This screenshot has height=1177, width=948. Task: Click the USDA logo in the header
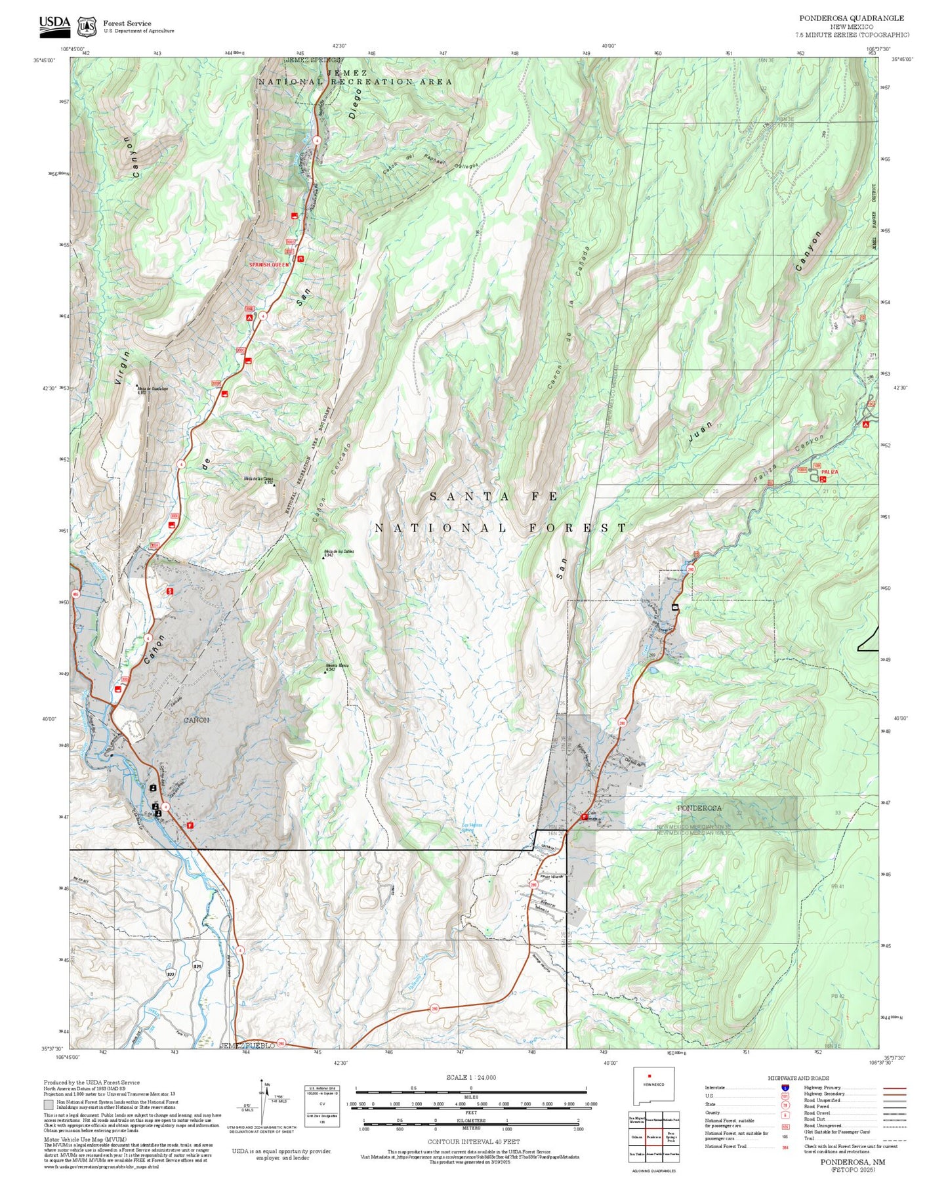click(x=54, y=25)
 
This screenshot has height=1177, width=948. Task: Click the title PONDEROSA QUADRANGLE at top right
click(x=851, y=18)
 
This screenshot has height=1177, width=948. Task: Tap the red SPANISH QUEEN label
click(x=269, y=264)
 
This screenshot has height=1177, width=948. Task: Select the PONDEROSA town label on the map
click(x=699, y=808)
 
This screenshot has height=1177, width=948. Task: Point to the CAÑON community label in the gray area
click(x=196, y=720)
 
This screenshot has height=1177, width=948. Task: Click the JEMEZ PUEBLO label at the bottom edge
click(x=247, y=1045)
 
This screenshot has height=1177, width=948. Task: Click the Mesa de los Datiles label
click(x=339, y=552)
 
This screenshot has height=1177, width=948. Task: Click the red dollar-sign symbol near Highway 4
click(x=171, y=590)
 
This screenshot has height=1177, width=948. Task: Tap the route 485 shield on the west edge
click(x=75, y=594)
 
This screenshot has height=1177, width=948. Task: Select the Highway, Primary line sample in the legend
click(x=894, y=1088)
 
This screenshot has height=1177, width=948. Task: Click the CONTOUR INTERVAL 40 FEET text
click(x=470, y=1142)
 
